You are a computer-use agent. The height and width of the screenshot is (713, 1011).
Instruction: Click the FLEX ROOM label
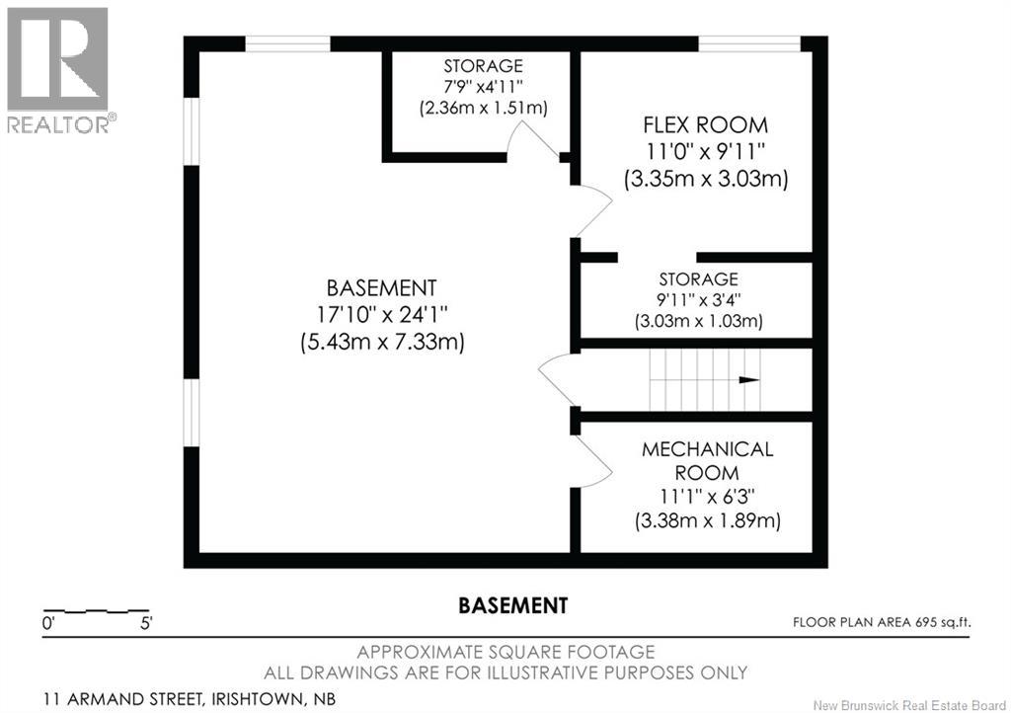pyautogui.click(x=705, y=125)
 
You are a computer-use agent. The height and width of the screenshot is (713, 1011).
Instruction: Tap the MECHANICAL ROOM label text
pyautogui.click(x=707, y=461)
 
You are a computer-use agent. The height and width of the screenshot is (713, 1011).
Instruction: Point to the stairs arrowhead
pyautogui.click(x=749, y=380)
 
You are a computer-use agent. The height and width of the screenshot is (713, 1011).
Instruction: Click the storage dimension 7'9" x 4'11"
pyautogui.click(x=483, y=86)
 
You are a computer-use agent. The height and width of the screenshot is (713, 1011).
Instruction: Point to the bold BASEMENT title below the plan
pyautogui.click(x=512, y=605)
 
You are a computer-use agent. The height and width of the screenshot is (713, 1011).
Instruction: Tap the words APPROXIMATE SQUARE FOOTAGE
pyautogui.click(x=505, y=652)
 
